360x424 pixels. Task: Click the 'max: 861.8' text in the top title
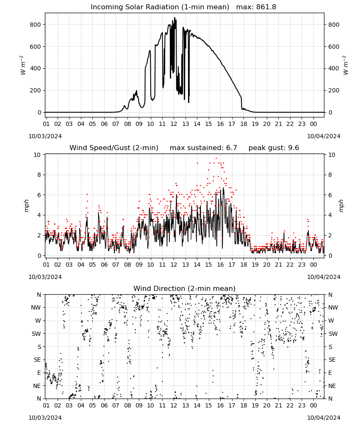256,7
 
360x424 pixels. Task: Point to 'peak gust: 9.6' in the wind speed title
274,148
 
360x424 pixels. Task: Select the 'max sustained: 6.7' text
203,148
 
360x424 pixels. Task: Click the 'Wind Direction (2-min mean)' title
184,288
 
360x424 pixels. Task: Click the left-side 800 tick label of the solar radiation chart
36,25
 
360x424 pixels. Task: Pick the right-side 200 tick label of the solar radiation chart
334,91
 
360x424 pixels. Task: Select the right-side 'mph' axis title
341,206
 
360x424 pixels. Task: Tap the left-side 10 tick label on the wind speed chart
37,155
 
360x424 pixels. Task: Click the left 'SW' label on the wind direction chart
36,334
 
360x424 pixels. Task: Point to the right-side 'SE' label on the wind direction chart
332,360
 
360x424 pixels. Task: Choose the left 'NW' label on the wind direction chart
36,307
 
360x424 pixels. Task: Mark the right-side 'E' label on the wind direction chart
330,373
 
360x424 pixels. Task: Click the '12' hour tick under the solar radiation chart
174,124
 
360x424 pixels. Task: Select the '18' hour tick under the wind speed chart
244,265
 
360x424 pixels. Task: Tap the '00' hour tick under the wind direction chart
313,405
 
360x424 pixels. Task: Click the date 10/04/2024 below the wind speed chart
324,277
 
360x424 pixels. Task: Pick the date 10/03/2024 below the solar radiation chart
45,136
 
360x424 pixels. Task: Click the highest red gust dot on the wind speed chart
216,159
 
